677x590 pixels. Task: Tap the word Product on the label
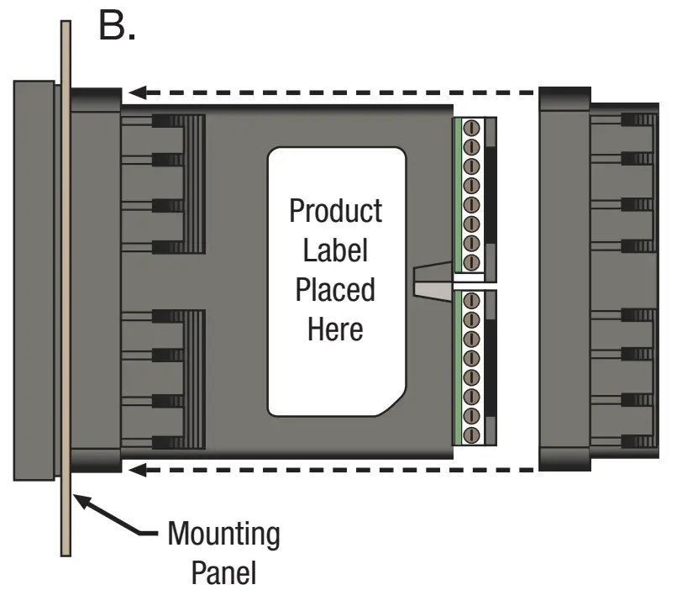click(335, 210)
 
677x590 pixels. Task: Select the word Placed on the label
click(335, 290)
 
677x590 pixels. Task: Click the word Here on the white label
click(335, 329)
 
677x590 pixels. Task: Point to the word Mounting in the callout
click(223, 535)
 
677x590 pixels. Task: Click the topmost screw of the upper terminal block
click(471, 128)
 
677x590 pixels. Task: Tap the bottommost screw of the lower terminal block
click(471, 435)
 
